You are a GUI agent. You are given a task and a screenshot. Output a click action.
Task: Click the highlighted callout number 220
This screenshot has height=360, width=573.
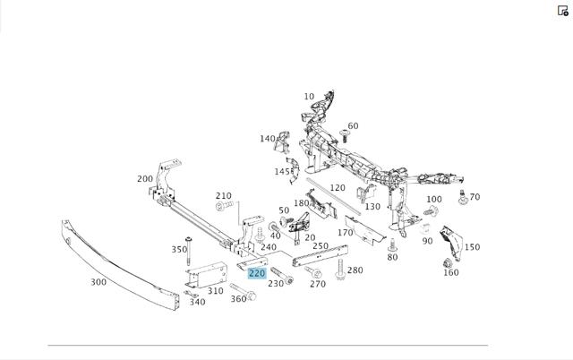tap(257, 273)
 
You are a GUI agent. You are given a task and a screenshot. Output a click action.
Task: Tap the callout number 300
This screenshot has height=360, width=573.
tap(98, 282)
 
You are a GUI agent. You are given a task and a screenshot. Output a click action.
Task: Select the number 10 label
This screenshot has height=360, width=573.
tap(309, 96)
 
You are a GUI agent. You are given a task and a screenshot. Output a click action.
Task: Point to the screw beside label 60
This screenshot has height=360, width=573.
tap(344, 136)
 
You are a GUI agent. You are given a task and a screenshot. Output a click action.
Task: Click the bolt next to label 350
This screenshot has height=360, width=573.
tap(188, 251)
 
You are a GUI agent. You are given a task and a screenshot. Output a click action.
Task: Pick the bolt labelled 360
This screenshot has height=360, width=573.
tap(243, 291)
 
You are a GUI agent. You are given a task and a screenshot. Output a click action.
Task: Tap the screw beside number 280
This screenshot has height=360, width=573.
tap(340, 270)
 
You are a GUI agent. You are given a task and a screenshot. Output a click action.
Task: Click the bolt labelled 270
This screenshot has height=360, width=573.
tap(313, 272)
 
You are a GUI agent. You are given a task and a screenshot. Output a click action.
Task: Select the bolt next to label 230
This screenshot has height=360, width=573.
tap(282, 276)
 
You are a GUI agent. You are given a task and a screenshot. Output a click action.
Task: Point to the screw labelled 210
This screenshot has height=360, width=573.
tap(224, 206)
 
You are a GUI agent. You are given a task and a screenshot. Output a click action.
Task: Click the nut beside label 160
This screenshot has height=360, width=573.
tap(448, 263)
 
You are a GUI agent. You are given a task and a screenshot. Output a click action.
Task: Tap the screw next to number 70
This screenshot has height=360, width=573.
tap(463, 197)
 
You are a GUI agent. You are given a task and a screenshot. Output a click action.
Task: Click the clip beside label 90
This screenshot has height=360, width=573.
tap(424, 228)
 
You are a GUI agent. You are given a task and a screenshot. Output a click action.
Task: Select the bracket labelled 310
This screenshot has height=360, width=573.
tap(206, 274)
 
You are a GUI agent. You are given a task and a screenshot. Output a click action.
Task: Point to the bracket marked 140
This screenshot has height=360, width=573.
tap(283, 142)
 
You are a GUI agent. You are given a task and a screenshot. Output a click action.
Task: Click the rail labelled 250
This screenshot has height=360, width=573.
tap(321, 255)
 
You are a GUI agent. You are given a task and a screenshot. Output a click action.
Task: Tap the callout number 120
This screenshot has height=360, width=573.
tap(338, 188)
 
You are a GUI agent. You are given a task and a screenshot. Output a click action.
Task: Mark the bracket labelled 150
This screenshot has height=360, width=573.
tap(451, 243)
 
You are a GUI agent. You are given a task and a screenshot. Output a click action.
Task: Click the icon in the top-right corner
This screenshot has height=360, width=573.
tap(563, 11)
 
